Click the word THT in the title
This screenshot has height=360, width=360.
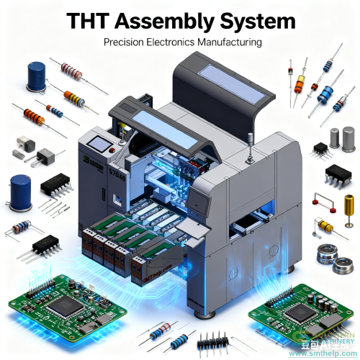point(94,22)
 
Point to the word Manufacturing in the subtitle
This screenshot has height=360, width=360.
point(223,42)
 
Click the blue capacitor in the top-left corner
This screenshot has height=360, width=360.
point(35,76)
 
